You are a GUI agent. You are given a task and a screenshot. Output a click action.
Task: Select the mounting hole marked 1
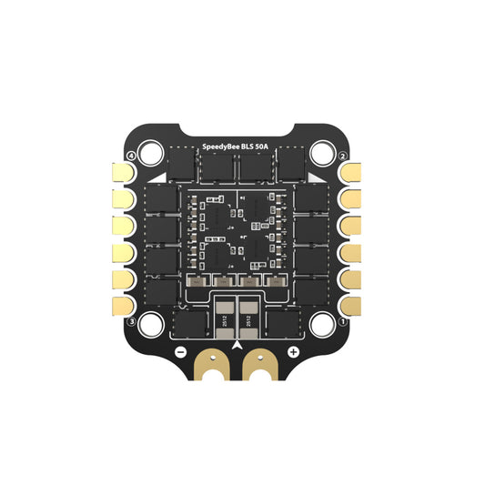pos(323,323)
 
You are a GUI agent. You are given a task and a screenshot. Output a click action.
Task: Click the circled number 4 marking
pos(133,156)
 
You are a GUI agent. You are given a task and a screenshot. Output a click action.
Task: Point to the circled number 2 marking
pos(343,156)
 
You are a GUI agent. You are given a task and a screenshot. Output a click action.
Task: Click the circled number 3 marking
pos(133,321)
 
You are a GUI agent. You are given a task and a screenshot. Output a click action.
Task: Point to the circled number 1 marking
pos(343,321)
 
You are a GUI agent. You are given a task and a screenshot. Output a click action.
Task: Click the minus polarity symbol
pos(180,351)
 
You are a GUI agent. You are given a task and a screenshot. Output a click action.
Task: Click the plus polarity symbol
pos(293,351)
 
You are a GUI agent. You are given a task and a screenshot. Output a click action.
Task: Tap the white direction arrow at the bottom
pos(237,347)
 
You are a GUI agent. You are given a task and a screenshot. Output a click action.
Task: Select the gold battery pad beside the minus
pos(214,364)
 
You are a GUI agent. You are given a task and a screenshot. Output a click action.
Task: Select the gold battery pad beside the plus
pos(261,364)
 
